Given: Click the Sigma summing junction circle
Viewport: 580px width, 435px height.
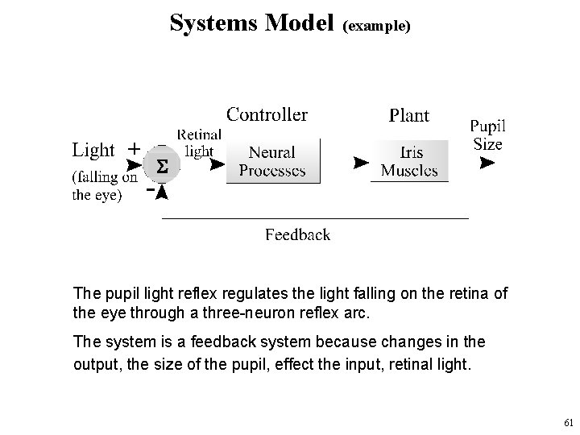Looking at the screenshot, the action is point(162,164).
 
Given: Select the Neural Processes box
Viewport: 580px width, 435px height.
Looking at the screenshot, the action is point(273,161).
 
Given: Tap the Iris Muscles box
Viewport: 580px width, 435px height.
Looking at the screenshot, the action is point(409,161).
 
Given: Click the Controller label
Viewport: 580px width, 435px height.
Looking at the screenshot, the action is point(267,114).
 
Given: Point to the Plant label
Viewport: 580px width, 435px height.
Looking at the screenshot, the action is point(409,115).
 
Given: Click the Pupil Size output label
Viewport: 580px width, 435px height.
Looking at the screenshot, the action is point(488,135).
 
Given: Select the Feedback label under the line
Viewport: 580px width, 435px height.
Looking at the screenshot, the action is point(298,235).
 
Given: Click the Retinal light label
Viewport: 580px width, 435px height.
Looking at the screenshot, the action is point(200,143).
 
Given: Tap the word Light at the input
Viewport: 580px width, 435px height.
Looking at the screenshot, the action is point(93,150).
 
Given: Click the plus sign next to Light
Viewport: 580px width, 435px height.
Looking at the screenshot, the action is point(135,149).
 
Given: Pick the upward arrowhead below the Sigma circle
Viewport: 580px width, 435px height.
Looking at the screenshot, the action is point(162,193).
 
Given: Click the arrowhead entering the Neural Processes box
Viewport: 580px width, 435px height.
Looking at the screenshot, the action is point(217,164).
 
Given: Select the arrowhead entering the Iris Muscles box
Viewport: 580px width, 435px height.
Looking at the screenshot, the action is point(361,163).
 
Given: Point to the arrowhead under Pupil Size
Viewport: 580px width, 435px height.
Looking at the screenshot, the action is point(487,163).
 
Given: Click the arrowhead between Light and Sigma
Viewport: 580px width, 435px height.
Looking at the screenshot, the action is point(134,165).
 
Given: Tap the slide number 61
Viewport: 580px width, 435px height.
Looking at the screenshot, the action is point(569,422).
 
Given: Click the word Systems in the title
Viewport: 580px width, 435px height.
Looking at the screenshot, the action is point(213,23).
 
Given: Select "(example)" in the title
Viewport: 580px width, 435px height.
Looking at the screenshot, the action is point(376,26).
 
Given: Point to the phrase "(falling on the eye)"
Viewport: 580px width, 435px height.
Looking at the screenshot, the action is point(105,186).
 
